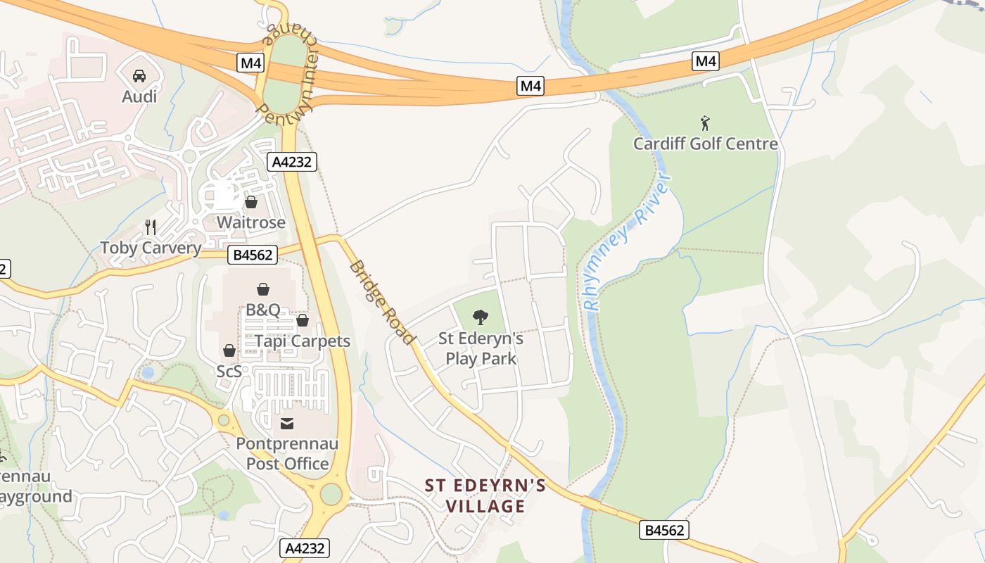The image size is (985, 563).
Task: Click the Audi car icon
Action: [x=139, y=75]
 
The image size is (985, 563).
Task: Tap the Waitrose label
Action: [x=250, y=222]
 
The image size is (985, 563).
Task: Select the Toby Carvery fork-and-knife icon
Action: [x=150, y=227]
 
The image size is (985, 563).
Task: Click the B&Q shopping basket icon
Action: [x=262, y=289]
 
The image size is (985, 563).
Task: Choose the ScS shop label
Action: [x=229, y=370]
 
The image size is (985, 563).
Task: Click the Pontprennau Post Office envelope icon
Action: [x=287, y=423]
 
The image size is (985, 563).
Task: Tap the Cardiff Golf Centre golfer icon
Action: [x=705, y=124]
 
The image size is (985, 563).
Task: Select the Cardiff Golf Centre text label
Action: [x=705, y=144]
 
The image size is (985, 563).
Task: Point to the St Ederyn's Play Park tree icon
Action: [x=481, y=317]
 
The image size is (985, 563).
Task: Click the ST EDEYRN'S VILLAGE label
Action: [x=485, y=495]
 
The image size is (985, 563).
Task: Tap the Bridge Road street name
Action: [x=382, y=303]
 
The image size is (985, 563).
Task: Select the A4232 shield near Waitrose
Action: [x=293, y=162]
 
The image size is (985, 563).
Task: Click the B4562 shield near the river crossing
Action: [x=663, y=530]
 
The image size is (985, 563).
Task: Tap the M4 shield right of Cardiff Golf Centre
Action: [x=706, y=61]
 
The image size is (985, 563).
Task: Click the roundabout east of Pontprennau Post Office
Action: [x=331, y=494]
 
